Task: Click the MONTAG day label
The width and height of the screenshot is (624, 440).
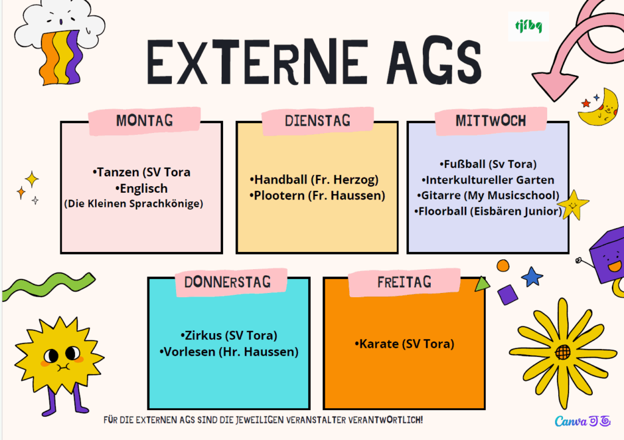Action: pos(144,120)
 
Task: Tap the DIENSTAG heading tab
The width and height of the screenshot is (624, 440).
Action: pos(317,120)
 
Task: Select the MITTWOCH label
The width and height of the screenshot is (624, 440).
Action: pos(491,120)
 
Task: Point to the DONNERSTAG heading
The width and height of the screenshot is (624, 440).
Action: pos(227,282)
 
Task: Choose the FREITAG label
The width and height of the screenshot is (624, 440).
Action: pos(405,282)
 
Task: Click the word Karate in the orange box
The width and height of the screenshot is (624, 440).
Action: pos(378,344)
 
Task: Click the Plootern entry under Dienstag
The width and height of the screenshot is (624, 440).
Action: pos(317,195)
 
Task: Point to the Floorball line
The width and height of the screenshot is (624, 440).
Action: pos(488,211)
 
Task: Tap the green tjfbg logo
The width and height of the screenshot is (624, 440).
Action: pos(528,27)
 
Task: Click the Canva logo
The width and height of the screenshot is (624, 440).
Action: pos(583,421)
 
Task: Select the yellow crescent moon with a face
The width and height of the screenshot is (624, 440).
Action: pos(600,108)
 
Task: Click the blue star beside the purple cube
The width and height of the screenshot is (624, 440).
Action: pos(532,276)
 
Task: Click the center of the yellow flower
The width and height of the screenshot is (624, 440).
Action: pos(562,352)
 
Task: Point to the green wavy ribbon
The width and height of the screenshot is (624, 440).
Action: pos(48,286)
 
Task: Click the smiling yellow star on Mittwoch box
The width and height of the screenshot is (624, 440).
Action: pos(573,205)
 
